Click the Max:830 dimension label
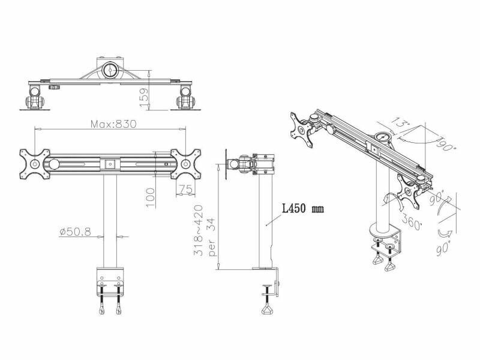pyautogui.click(x=113, y=124)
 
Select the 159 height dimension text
pyautogui.click(x=144, y=98)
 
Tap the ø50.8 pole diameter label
pyautogui.click(x=76, y=232)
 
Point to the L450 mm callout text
pyautogui.click(x=302, y=209)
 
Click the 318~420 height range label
pyautogui.click(x=199, y=230)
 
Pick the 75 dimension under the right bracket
pyautogui.click(x=185, y=190)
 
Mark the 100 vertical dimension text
pyautogui.click(x=151, y=197)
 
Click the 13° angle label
pyautogui.click(x=398, y=124)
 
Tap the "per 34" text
pyautogui.click(x=212, y=237)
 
